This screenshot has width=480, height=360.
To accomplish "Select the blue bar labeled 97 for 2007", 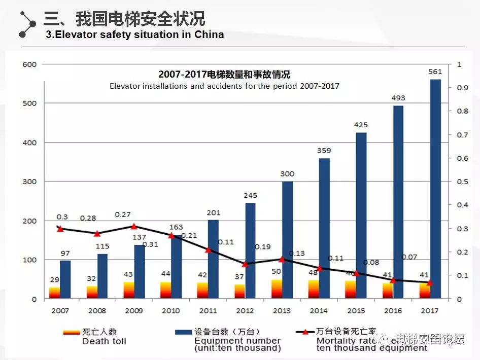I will pyautogui.click(x=65, y=279).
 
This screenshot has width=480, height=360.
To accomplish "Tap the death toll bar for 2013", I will pyautogui.click(x=277, y=289).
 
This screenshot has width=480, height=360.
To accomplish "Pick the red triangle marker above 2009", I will pyautogui.click(x=134, y=227).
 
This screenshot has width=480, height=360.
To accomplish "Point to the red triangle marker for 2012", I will pyautogui.click(x=245, y=264).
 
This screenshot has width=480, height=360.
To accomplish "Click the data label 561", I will pyautogui.click(x=435, y=72).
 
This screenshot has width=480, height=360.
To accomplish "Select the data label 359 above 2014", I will pyautogui.click(x=324, y=151).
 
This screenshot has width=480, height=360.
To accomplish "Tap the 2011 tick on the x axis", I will pyautogui.click(x=209, y=310).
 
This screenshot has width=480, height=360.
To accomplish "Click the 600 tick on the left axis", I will pyautogui.click(x=30, y=64).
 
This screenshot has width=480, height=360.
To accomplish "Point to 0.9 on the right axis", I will pyautogui.click(x=462, y=88).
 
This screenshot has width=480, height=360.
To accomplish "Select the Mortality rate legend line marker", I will pyautogui.click(x=305, y=332).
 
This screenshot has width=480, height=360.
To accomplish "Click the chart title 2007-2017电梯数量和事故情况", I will pyautogui.click(x=224, y=75).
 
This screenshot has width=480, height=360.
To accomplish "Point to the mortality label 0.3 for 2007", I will pyautogui.click(x=62, y=217).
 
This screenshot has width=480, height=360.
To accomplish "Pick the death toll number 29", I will pyautogui.click(x=54, y=280).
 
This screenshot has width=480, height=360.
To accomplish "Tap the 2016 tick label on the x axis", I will pyautogui.click(x=393, y=310).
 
